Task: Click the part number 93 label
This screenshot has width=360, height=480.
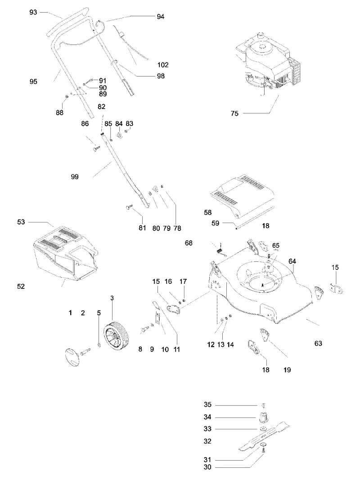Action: tap(33, 12)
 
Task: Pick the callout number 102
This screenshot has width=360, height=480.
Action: tap(163, 65)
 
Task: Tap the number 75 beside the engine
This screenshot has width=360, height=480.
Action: tap(234, 113)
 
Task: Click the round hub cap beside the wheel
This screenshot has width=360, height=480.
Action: tap(72, 357)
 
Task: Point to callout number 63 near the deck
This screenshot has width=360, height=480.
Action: tap(318, 344)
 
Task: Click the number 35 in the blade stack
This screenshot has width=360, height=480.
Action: tap(207, 405)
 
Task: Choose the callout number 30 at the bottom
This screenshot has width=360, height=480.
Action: tap(207, 467)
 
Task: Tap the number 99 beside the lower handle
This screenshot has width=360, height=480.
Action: tap(75, 177)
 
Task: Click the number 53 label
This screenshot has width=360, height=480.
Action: tap(21, 222)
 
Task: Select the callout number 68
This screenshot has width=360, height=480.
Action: tap(189, 243)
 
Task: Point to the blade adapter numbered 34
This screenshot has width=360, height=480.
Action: tap(263, 417)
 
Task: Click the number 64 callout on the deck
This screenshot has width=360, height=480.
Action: tap(292, 261)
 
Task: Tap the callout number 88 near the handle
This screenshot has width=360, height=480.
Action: tap(60, 112)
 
